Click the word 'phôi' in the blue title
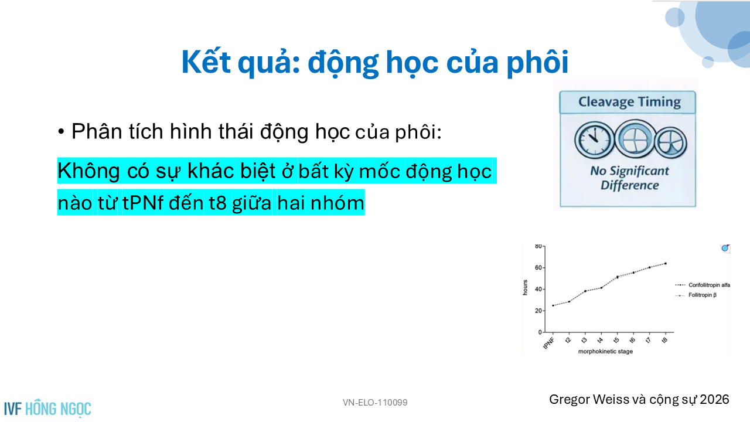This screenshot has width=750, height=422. [x=537, y=63]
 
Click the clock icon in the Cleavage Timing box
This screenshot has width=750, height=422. [x=595, y=140]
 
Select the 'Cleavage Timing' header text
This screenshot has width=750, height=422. [x=629, y=102]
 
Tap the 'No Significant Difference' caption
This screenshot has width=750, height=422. [x=629, y=178]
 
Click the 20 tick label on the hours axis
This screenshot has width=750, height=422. [x=538, y=311]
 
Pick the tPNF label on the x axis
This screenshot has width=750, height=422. [x=549, y=343]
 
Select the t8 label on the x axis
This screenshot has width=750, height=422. [x=664, y=340]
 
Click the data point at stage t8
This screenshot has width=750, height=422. [x=665, y=264]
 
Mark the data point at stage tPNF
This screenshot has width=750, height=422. [x=553, y=305]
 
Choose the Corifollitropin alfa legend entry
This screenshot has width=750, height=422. [x=703, y=285]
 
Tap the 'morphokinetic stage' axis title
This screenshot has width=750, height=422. [x=605, y=351]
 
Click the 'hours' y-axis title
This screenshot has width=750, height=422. [x=525, y=288]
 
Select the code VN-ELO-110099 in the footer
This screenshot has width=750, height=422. [x=375, y=403]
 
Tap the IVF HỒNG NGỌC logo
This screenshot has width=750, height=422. [x=47, y=409]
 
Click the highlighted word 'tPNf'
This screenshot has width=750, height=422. [x=143, y=203]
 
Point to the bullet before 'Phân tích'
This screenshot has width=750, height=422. [x=61, y=132]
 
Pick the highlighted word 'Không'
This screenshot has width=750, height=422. [x=88, y=171]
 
